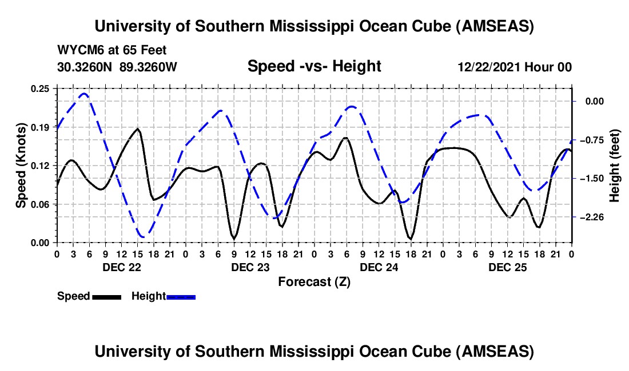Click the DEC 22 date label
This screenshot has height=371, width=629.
(120, 267)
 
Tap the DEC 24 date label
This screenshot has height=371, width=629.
(378, 267)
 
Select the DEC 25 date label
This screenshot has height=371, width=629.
(507, 267)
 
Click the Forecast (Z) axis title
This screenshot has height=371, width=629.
(313, 281)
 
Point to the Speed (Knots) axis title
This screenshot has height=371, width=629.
(21, 165)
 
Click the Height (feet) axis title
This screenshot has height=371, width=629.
(615, 166)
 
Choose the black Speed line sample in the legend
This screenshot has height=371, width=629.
(106, 297)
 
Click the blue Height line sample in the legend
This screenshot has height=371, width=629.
(181, 297)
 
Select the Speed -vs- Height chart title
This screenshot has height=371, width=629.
(314, 66)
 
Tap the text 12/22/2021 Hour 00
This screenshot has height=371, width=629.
(515, 67)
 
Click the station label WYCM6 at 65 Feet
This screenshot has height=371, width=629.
(112, 50)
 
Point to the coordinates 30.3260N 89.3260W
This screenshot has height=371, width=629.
(117, 67)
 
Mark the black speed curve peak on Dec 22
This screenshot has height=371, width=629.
(137, 129)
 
